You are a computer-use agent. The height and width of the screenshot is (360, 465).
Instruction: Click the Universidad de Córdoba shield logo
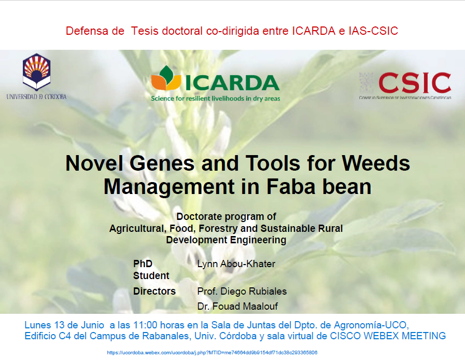36,72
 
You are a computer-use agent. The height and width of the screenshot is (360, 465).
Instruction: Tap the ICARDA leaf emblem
166,78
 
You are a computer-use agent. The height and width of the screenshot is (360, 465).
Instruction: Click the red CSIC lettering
415,83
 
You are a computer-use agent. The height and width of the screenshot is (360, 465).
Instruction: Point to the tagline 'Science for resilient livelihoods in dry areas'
216,99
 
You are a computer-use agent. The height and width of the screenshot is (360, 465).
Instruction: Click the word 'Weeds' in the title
376,163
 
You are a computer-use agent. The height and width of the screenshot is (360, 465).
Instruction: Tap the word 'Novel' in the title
94,163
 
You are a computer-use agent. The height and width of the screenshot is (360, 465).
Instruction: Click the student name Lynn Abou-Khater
236,264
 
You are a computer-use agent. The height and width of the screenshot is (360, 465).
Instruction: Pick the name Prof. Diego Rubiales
242,291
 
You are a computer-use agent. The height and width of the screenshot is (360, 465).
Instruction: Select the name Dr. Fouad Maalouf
237,306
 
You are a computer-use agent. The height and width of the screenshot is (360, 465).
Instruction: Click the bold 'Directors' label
154,291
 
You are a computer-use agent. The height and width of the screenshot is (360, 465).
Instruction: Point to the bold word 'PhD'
143,264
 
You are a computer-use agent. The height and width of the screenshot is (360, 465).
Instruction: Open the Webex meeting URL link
212,353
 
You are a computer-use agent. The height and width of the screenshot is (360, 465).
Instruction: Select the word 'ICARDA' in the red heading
314,31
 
